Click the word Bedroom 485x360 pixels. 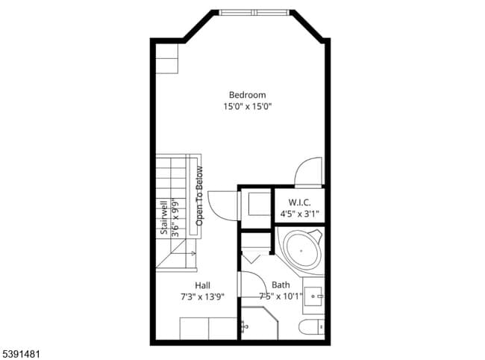coord(247,95)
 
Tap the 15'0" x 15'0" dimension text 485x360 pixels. coord(247,107)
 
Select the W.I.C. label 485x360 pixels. coord(299,202)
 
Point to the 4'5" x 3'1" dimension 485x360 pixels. coord(299,214)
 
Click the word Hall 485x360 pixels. coord(202,285)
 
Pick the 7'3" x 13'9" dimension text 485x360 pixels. coord(202,297)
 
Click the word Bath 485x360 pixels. coord(281,285)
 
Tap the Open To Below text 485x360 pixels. coord(200,196)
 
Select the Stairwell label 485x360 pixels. coord(163,217)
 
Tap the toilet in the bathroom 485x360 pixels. coord(310,327)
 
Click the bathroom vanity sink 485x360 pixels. coord(314,296)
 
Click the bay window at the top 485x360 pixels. coord(254,13)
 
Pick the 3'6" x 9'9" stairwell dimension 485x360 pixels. coord(175,217)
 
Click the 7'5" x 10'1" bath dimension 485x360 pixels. coord(281,297)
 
